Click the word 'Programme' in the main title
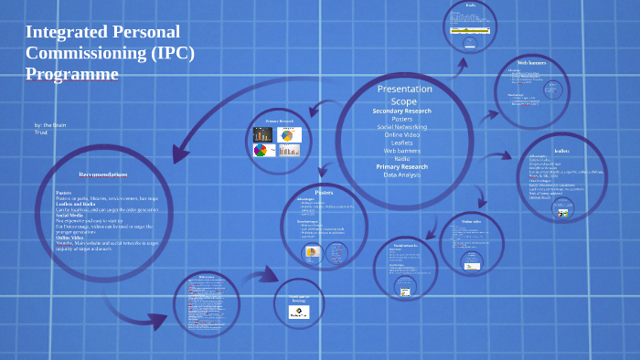click(72, 73)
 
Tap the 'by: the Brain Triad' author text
click(49, 128)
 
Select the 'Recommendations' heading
click(102, 174)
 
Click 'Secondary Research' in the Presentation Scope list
click(401, 111)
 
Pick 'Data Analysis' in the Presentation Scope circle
click(401, 175)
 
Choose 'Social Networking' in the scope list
click(401, 127)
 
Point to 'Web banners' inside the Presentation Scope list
click(401, 151)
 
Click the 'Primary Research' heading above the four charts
click(279, 121)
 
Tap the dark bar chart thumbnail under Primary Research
click(263, 134)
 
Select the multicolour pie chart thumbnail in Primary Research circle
click(261, 150)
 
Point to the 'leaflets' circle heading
click(561, 150)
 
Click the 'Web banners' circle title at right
click(531, 62)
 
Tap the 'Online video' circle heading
click(471, 222)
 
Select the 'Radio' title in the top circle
click(470, 5)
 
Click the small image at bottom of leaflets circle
click(563, 214)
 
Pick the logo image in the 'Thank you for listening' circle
click(299, 312)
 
